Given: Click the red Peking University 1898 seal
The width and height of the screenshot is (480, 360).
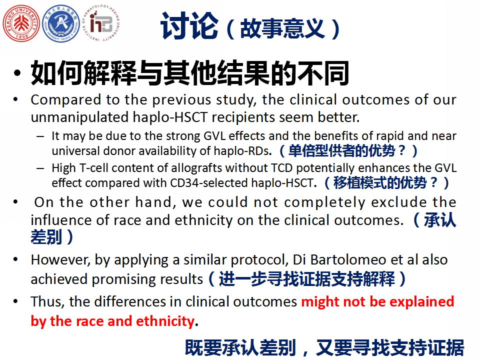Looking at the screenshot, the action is (21, 23).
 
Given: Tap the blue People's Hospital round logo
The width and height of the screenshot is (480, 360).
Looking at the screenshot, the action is (61, 23).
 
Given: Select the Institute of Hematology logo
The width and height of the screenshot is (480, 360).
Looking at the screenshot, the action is (101, 23).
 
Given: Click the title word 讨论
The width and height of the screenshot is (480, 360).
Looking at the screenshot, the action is (189, 26).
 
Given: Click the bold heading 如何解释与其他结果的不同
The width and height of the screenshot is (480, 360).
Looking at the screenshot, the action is (190, 73).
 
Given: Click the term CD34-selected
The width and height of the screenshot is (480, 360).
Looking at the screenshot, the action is (209, 183).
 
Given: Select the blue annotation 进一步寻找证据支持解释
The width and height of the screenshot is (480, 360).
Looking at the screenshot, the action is (306, 279).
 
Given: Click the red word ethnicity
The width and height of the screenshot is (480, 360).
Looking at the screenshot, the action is (165, 321).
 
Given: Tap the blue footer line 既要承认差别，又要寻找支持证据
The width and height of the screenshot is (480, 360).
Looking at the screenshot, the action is (324, 348).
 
